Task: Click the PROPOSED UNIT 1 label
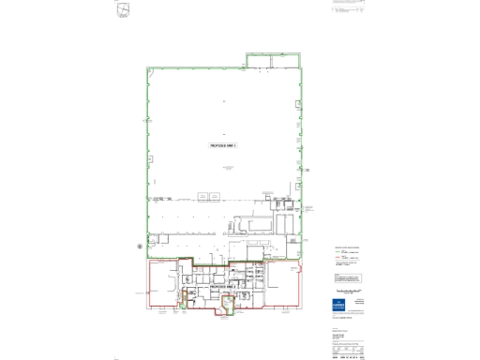[x=223, y=146]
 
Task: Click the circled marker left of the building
[x=140, y=246]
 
